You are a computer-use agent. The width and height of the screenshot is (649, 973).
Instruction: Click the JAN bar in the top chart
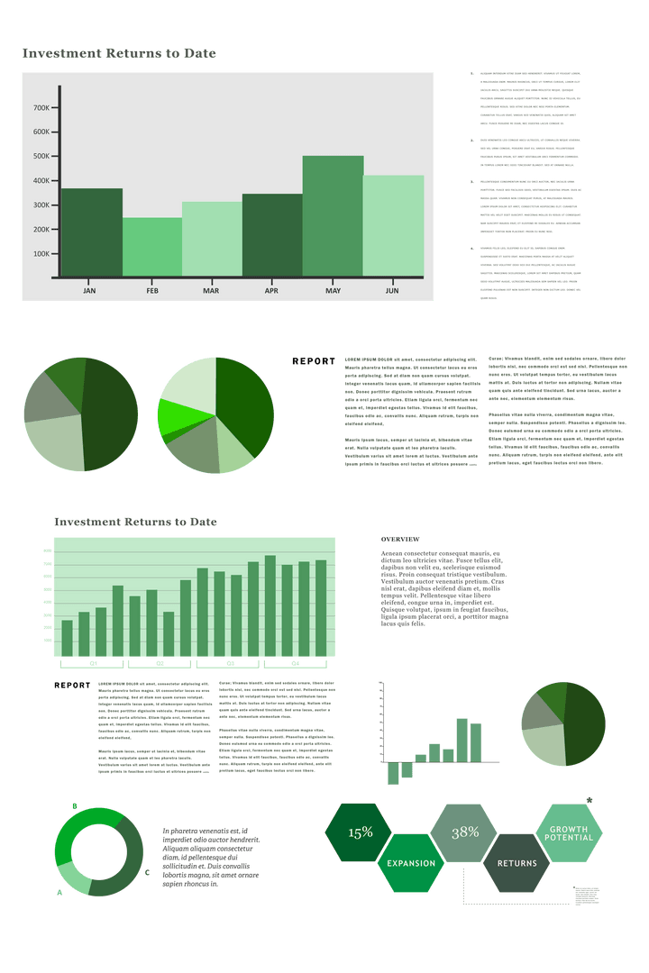tap(91, 232)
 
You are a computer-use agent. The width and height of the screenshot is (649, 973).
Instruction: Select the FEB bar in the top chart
tap(151, 247)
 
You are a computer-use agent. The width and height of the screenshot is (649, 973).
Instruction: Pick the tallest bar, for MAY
tap(333, 216)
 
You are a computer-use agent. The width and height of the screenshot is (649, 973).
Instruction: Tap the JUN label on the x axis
tap(392, 291)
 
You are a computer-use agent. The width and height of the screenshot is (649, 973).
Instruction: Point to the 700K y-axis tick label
tap(41, 108)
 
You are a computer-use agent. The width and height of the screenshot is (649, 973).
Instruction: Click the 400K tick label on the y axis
tap(41, 180)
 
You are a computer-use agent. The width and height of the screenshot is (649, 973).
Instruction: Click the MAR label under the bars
tap(211, 291)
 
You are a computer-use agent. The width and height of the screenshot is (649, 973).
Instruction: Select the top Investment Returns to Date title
tap(119, 54)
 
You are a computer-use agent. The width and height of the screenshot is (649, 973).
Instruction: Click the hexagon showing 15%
tap(360, 832)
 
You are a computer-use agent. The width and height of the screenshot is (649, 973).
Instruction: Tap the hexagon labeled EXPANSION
tap(411, 863)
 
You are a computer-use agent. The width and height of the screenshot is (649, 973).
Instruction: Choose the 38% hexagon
tap(464, 832)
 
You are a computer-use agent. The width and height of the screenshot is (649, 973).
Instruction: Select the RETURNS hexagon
tap(516, 863)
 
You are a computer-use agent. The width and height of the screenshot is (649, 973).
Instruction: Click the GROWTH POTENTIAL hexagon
tap(569, 832)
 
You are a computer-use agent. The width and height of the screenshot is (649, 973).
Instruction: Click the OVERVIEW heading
tap(399, 538)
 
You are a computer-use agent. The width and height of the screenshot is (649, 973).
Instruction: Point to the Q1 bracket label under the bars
tap(93, 664)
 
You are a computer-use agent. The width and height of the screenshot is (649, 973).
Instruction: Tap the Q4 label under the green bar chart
tap(295, 664)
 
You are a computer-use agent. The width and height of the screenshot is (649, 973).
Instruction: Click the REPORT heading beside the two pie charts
tap(313, 361)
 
